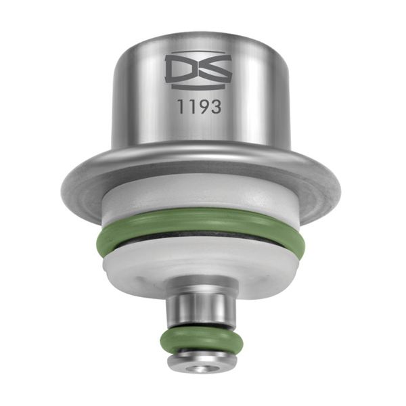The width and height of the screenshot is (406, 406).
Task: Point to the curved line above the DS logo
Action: click(198, 52)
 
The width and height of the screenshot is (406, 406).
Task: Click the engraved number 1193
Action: click(198, 106)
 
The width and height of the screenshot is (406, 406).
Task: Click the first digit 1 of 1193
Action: click(181, 106)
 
